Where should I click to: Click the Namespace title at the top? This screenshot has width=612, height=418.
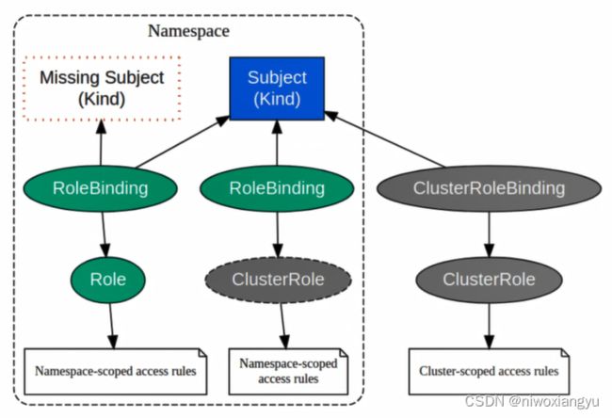click(188, 31)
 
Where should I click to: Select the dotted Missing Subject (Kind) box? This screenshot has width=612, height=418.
click(102, 88)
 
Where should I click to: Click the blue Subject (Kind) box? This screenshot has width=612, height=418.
click(277, 88)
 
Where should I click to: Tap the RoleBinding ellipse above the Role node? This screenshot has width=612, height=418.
click(101, 188)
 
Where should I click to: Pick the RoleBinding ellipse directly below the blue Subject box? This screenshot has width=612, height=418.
click(277, 188)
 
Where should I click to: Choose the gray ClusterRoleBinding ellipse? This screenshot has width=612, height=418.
click(489, 188)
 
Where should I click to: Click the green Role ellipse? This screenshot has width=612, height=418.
click(108, 280)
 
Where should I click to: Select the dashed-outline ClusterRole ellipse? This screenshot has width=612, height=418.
click(278, 280)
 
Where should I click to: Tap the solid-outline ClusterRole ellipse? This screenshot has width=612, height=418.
click(489, 280)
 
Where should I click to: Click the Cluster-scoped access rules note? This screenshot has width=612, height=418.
click(489, 371)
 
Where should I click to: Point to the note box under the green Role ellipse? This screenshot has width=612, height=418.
click(116, 371)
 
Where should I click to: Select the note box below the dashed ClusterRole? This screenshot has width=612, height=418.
click(288, 371)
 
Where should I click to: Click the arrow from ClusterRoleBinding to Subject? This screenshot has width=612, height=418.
click(384, 139)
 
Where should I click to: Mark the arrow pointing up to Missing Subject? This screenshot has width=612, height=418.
click(101, 143)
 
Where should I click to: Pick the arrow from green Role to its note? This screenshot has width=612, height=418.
click(112, 326)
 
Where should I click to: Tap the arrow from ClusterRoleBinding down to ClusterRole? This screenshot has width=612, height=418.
click(489, 234)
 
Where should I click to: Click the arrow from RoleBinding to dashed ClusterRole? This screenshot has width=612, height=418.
click(278, 234)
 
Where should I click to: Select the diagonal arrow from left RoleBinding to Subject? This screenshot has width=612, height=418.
click(183, 141)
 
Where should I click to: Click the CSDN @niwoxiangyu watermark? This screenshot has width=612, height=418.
click(532, 401)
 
